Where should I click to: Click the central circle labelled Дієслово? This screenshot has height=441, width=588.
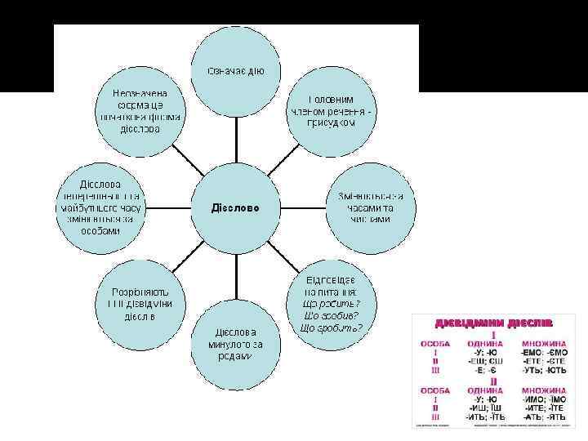[236, 207]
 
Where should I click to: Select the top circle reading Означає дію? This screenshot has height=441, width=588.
[236, 71]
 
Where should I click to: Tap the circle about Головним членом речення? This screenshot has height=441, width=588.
[332, 109]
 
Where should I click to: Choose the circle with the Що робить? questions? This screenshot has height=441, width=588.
[332, 303]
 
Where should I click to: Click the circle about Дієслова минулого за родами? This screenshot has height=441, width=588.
[236, 345]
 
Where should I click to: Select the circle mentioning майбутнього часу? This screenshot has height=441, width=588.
[100, 207]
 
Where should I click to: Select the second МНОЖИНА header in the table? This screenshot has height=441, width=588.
[546, 390]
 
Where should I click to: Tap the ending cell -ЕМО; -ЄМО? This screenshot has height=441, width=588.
[546, 352]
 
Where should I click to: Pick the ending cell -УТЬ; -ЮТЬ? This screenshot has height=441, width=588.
[546, 370]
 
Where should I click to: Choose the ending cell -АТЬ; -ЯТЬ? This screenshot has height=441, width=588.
[546, 416]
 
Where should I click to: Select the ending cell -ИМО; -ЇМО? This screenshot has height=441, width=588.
[546, 399]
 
